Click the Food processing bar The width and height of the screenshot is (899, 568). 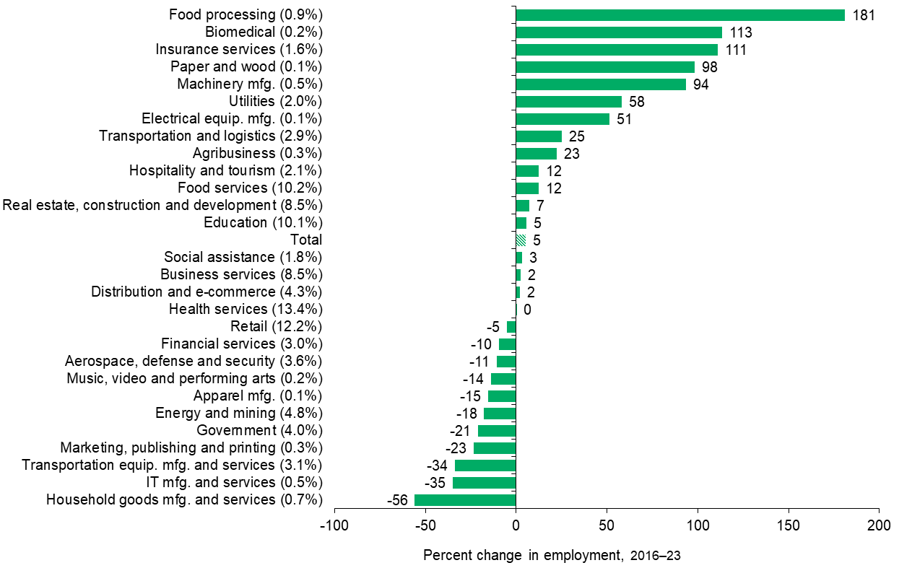(x=679, y=15)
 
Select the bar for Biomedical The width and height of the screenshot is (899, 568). (x=618, y=32)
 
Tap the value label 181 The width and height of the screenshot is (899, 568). (x=864, y=15)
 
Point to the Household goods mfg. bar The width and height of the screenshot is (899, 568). (x=465, y=500)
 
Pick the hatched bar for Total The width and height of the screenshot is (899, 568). (x=521, y=240)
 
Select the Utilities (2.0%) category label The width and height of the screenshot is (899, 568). (x=275, y=101)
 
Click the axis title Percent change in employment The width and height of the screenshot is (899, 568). (x=552, y=556)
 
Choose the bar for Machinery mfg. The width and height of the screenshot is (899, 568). (x=601, y=84)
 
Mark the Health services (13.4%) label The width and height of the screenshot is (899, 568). (x=246, y=310)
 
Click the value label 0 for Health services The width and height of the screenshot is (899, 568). (x=527, y=310)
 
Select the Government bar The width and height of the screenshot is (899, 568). (x=497, y=431)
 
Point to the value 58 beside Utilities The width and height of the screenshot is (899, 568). (x=635, y=102)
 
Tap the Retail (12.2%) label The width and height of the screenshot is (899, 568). (x=276, y=327)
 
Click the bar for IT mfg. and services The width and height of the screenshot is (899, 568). (x=484, y=483)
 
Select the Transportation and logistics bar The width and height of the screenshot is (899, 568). (x=539, y=136)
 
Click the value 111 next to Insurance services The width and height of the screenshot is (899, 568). (x=735, y=50)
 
